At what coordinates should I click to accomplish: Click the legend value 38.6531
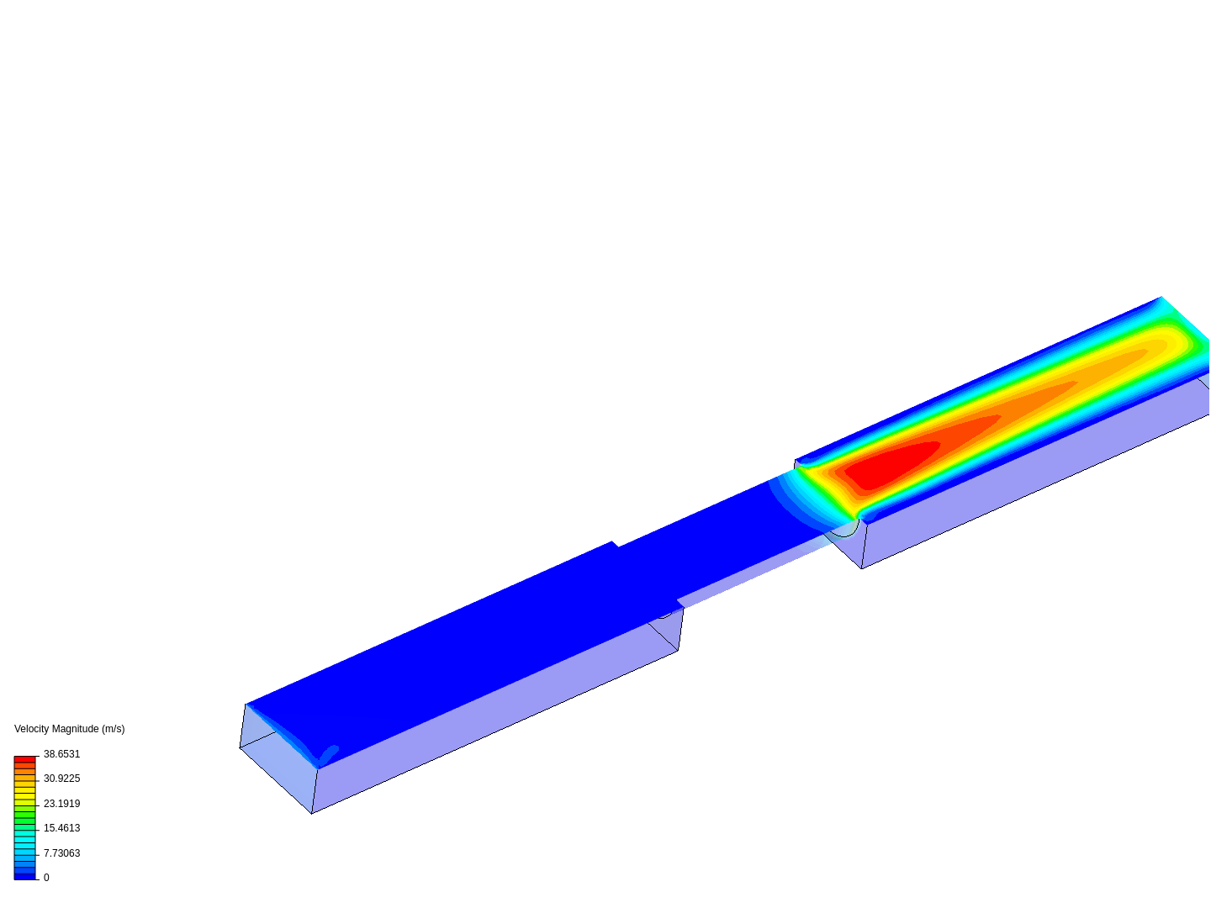(x=61, y=753)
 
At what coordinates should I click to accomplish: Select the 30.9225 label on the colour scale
(x=61, y=778)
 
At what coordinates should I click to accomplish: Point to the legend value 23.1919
(x=61, y=803)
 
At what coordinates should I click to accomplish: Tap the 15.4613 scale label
(x=61, y=827)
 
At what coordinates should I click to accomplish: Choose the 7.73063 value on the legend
(x=61, y=853)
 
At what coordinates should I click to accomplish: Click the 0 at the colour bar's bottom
(x=46, y=877)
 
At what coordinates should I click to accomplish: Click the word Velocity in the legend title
(x=31, y=729)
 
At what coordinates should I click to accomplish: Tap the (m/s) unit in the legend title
(x=113, y=729)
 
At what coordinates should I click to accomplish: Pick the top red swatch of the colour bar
(x=25, y=759)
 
